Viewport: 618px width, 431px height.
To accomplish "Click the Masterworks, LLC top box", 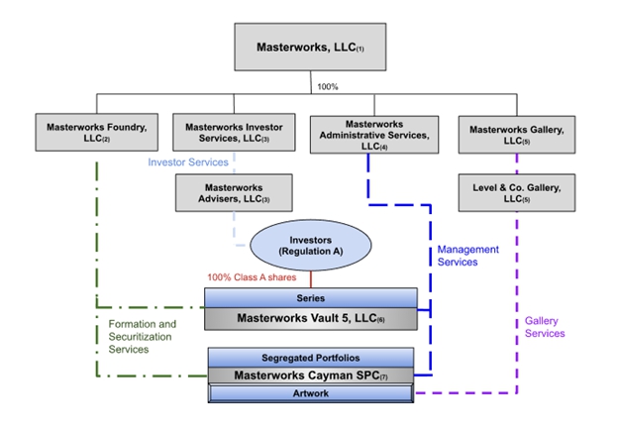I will tap(311, 47).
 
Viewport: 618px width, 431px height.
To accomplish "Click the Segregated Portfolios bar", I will tap(309, 357).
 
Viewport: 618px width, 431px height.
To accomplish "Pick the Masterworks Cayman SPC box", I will tap(309, 376).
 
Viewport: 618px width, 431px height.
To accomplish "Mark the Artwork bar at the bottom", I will tap(309, 393).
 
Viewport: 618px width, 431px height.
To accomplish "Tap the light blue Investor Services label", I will tap(188, 161).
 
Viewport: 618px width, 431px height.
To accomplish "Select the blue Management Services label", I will tap(468, 256).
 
